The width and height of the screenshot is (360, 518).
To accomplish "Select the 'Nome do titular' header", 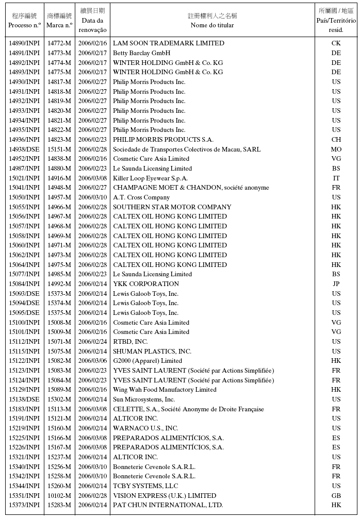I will (x=212, y=25).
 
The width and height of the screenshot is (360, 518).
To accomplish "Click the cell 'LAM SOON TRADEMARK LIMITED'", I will (x=169, y=43).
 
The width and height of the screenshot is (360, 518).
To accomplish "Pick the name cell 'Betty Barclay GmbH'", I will (x=142, y=53).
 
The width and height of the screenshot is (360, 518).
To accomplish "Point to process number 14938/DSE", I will (x=24, y=149).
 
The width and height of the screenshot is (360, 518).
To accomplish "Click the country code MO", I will (x=336, y=149).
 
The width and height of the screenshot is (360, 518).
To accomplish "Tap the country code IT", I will (x=336, y=178).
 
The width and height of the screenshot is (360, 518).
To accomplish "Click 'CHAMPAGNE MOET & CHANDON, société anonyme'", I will (x=191, y=188).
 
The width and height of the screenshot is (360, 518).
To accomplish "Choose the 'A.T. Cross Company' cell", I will (x=141, y=197).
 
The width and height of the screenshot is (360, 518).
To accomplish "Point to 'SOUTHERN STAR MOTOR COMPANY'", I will (x=172, y=207).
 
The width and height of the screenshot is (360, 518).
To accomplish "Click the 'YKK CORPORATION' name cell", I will (x=146, y=284).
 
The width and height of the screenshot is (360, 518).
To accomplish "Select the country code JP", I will (x=336, y=284).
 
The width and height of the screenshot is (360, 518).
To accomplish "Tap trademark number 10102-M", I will (x=59, y=496).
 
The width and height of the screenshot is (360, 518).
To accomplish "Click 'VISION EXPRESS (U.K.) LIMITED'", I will (x=165, y=496).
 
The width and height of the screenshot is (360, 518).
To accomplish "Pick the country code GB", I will (x=336, y=496).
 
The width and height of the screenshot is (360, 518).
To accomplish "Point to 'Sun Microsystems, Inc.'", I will (x=144, y=399).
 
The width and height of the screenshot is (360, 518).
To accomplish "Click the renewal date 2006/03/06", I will (x=93, y=361).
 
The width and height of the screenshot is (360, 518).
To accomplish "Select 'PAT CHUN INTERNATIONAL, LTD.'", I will (x=168, y=505).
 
